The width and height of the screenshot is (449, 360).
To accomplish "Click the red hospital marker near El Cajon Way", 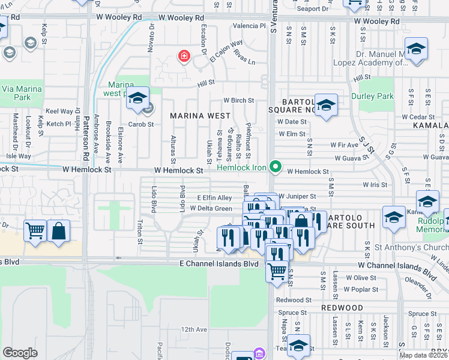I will click(x=184, y=56).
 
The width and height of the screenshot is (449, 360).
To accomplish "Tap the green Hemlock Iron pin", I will click(x=276, y=166).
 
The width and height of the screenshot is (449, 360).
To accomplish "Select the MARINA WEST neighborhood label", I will click(x=200, y=115).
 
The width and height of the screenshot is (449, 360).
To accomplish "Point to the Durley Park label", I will click(x=375, y=96).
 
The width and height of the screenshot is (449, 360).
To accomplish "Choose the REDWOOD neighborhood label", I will click(x=342, y=307).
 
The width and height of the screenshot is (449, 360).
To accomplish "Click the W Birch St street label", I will click(x=238, y=101).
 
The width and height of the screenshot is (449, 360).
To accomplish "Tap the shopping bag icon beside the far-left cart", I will click(x=58, y=230).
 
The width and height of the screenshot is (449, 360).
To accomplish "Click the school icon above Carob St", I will click(x=138, y=98).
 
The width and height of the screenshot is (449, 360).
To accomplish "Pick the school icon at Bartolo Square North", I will click(x=326, y=105).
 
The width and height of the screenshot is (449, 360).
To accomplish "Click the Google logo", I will click(x=20, y=353).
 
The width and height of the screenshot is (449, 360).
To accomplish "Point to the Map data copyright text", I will click(x=423, y=355).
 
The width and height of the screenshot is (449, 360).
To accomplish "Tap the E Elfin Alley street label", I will click(x=214, y=197).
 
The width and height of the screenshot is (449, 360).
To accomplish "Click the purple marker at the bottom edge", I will click(x=259, y=353).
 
